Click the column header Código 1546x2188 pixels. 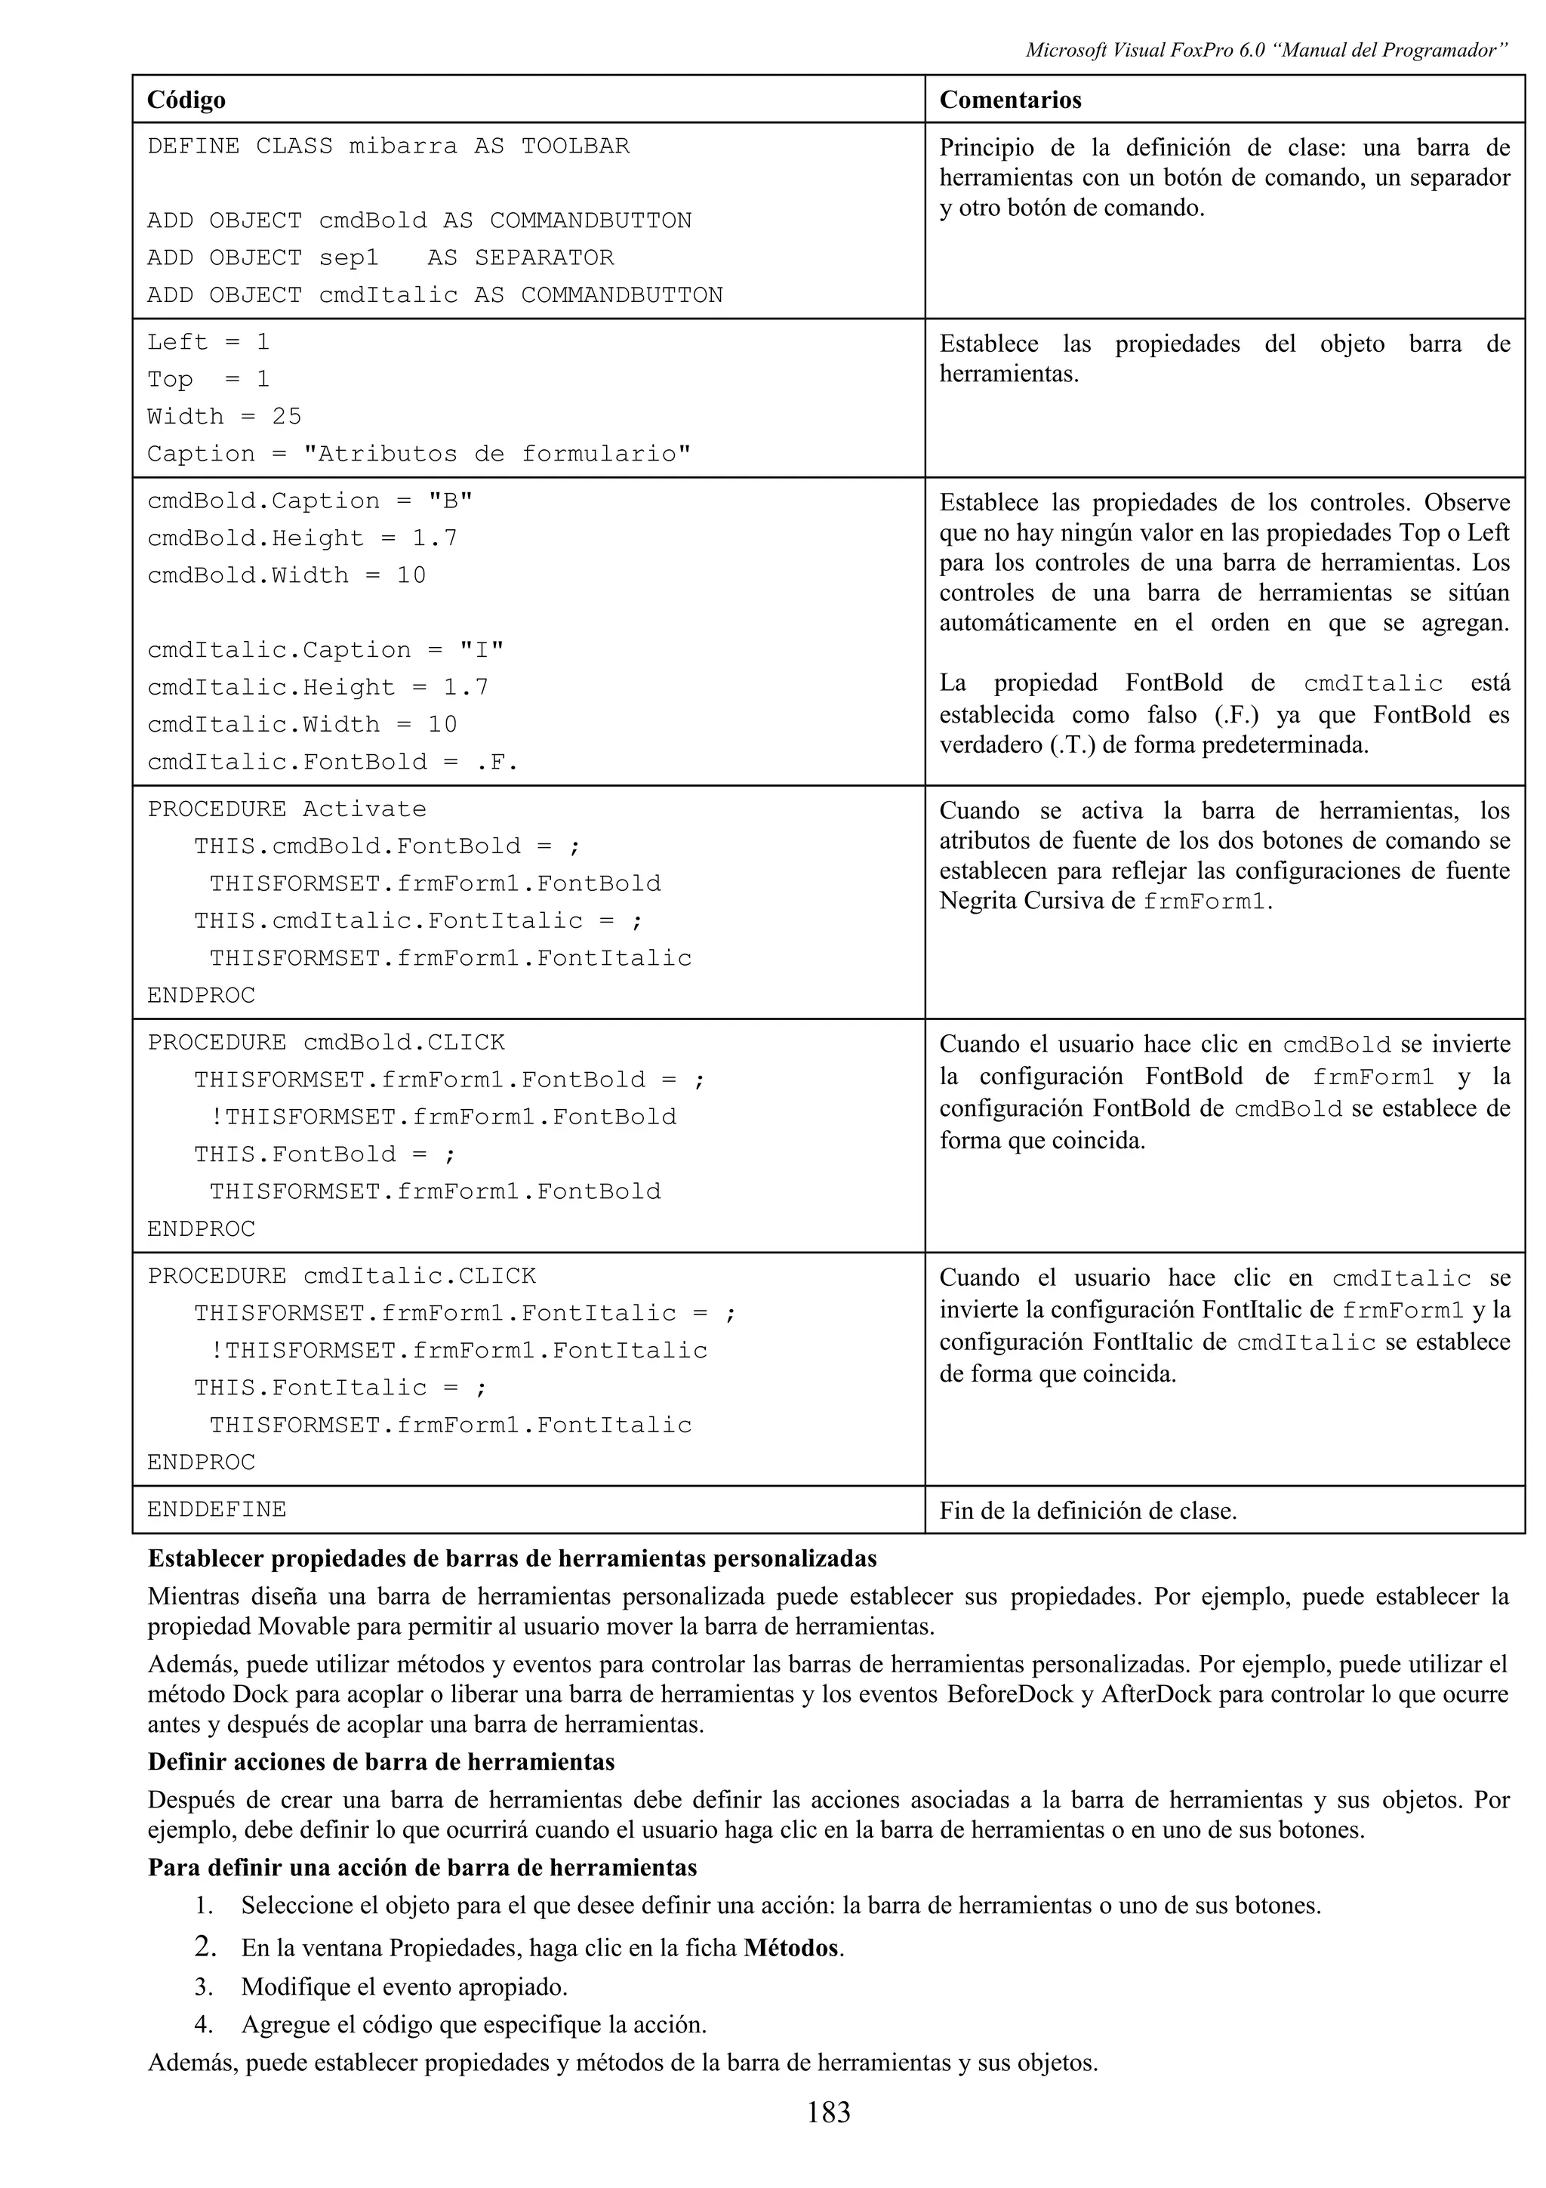186,100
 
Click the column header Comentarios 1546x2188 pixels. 1010,100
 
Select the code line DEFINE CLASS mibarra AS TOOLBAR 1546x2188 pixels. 388,146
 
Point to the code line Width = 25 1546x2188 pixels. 224,417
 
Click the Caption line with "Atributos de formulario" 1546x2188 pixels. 418,454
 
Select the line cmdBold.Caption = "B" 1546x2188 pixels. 310,501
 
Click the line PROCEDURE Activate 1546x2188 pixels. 287,809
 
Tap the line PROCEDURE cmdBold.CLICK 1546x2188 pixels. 326,1043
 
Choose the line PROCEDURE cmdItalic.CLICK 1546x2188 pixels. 341,1276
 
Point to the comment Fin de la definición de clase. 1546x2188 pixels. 1088,1511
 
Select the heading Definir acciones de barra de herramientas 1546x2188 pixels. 381,1762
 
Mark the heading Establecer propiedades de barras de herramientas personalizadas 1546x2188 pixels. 512,1559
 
